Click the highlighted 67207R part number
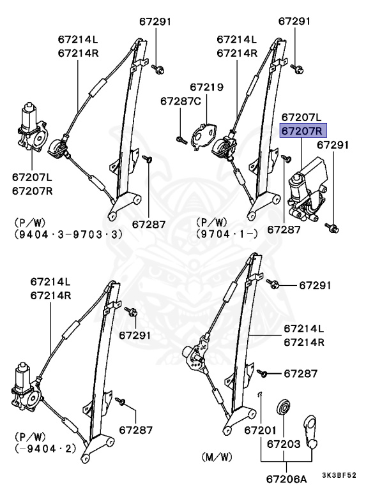pos(303,131)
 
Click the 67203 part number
pos(283,443)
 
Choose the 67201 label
pos(260,430)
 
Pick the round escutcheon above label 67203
pos(282,408)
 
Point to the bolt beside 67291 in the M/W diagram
pos(273,285)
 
